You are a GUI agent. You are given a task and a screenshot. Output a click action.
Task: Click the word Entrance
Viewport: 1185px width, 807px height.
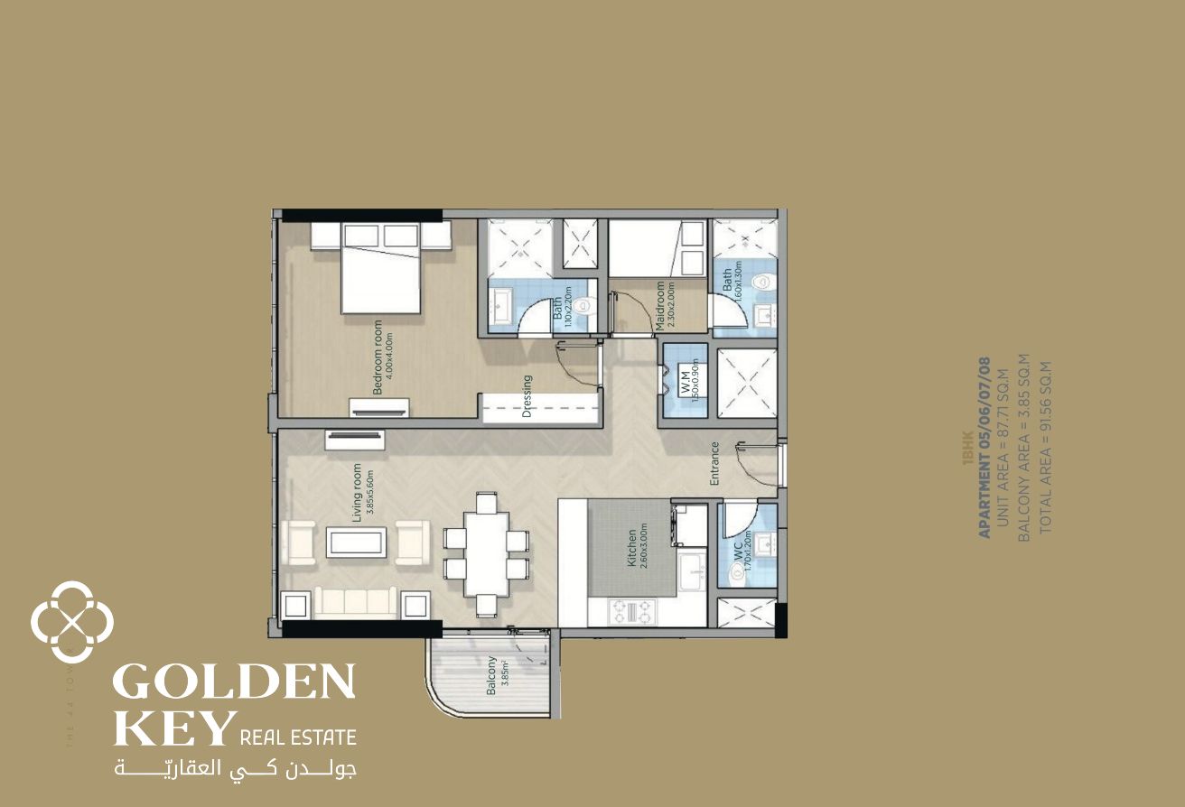tap(714, 463)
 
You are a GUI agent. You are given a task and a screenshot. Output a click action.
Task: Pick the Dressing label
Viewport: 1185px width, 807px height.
tap(527, 397)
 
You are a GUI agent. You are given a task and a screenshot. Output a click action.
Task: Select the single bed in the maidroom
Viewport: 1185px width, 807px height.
tap(658, 248)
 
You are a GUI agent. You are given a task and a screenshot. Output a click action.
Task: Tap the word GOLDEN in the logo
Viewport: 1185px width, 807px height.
tap(234, 682)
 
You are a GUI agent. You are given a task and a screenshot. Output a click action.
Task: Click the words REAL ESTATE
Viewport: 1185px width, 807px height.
tap(297, 737)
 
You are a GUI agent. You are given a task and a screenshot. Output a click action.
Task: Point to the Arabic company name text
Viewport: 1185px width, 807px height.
tap(235, 770)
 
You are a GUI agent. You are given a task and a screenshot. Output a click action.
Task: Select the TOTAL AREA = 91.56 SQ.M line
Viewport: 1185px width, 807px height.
tap(1046, 446)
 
